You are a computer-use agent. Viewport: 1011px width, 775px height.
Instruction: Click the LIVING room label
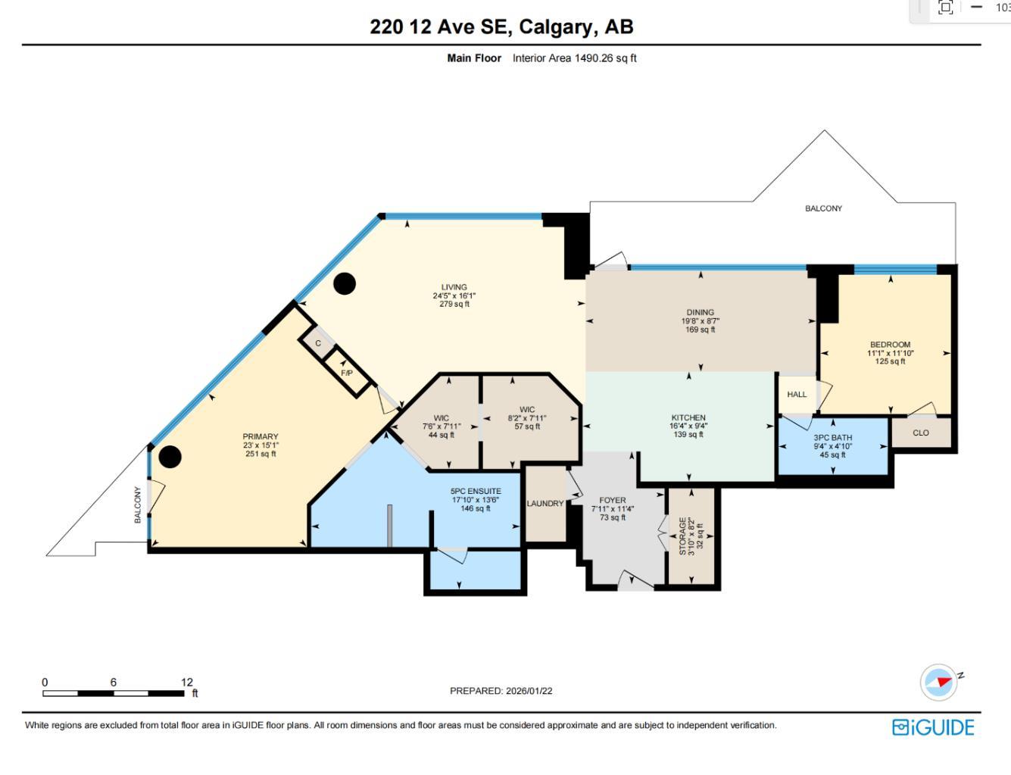(x=454, y=288)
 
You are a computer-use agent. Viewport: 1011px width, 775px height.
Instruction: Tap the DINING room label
(x=700, y=312)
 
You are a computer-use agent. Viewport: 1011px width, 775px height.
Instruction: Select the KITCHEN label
(x=688, y=418)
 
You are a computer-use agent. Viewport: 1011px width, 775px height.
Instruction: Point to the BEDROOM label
(x=890, y=345)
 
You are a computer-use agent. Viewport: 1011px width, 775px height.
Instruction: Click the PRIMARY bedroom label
(x=261, y=437)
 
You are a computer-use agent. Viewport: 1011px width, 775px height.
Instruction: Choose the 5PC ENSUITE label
(x=476, y=492)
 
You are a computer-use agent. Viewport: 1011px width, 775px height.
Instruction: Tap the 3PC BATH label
(x=832, y=438)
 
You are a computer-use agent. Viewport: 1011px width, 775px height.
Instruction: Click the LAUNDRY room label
(x=545, y=504)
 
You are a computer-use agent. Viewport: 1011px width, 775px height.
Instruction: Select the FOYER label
(x=613, y=501)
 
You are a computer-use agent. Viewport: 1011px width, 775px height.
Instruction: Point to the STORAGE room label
(x=683, y=536)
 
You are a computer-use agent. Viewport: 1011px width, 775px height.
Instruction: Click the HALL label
(x=797, y=395)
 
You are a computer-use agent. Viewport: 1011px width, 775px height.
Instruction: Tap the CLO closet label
(x=921, y=433)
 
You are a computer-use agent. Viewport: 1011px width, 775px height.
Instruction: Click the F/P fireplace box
(x=347, y=373)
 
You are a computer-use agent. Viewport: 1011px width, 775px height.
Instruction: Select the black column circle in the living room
(x=345, y=283)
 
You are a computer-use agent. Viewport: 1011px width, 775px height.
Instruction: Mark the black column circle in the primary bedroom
(x=170, y=457)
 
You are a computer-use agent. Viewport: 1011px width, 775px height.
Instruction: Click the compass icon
(x=939, y=682)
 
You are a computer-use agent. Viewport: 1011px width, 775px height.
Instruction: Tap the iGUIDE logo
(x=933, y=727)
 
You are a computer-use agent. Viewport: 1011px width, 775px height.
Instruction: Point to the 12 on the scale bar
(x=186, y=682)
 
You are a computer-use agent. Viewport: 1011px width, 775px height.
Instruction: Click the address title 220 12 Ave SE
(x=501, y=27)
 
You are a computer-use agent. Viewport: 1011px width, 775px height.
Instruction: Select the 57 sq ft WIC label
(x=527, y=410)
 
